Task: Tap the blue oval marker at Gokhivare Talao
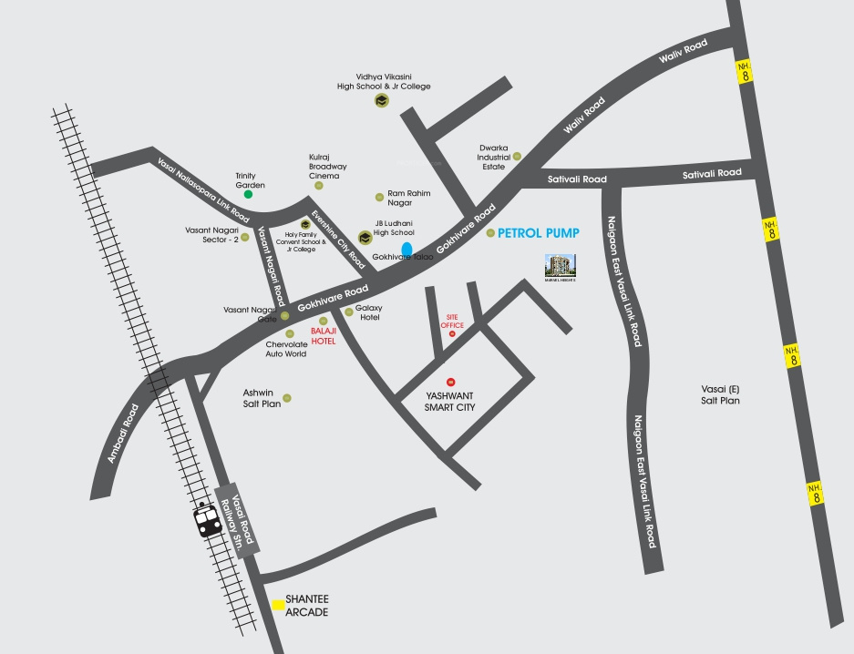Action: (406, 248)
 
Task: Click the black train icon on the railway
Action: (204, 520)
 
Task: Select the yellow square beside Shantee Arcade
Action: (278, 604)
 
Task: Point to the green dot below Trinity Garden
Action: (247, 194)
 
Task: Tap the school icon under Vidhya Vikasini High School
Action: (381, 101)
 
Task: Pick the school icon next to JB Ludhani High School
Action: (365, 237)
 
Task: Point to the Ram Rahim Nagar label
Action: (408, 198)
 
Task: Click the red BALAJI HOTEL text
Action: (323, 335)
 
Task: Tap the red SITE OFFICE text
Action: (452, 320)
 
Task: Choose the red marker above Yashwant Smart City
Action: (449, 381)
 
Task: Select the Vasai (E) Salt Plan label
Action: (720, 394)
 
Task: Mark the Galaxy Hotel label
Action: (369, 312)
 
